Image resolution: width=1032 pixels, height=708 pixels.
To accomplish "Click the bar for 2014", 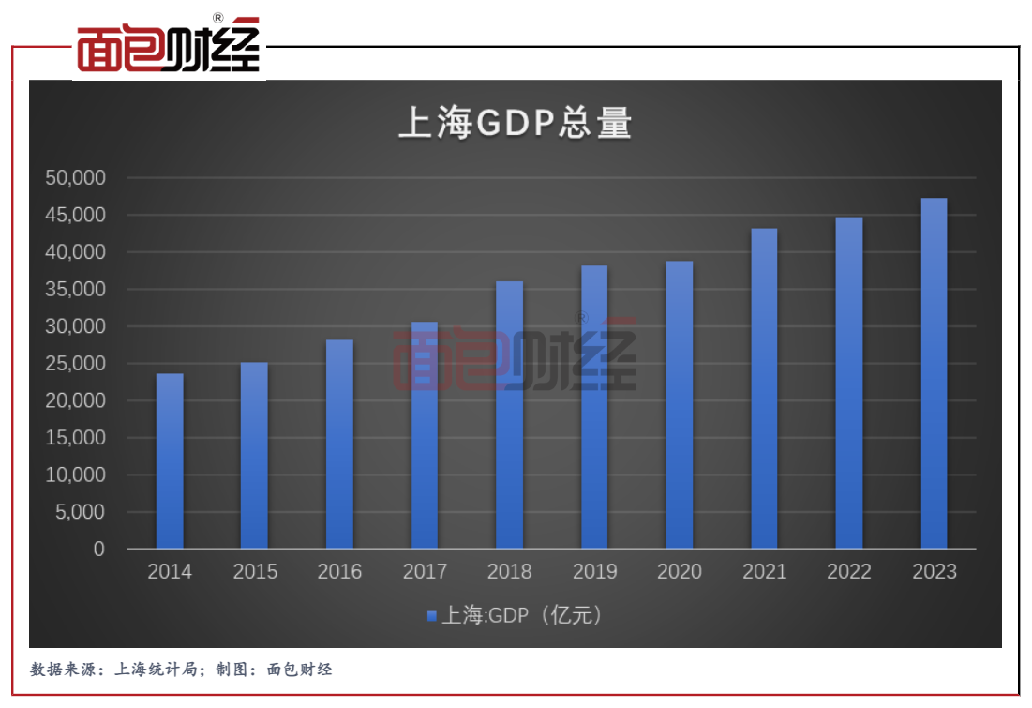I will pyautogui.click(x=170, y=461).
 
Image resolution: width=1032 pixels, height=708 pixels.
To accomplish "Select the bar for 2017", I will pyautogui.click(x=425, y=435).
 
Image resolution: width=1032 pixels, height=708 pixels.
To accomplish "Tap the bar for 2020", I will pyautogui.click(x=680, y=405).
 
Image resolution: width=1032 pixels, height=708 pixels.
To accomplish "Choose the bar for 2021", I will pyautogui.click(x=764, y=388).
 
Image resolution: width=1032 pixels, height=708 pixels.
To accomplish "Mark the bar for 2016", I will pyautogui.click(x=339, y=444).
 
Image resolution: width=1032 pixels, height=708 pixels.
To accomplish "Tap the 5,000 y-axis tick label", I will pyautogui.click(x=81, y=512).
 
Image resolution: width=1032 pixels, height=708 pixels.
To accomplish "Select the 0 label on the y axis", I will pyautogui.click(x=99, y=550).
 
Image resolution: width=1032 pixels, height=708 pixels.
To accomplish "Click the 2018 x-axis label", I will pyautogui.click(x=509, y=572).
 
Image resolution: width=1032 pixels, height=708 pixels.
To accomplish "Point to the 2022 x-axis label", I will pyautogui.click(x=849, y=572).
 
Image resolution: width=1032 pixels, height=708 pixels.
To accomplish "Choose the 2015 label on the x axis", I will pyautogui.click(x=255, y=572).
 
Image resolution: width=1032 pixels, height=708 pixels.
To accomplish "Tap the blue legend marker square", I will pyautogui.click(x=431, y=616).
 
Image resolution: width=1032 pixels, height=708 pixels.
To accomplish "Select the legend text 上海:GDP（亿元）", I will pyautogui.click(x=521, y=616).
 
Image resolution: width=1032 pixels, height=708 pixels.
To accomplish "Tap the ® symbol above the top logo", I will pyautogui.click(x=217, y=18).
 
